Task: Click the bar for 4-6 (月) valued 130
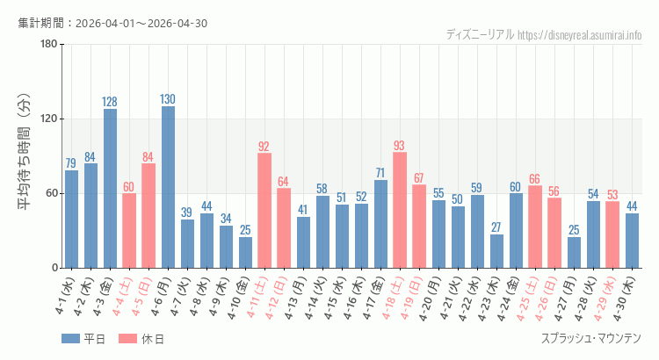[168, 187]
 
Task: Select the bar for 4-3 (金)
[110, 188]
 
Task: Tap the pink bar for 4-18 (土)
[400, 210]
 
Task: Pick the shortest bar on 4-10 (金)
[245, 252]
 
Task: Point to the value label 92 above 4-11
[264, 146]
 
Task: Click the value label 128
[110, 102]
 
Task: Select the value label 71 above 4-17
[380, 173]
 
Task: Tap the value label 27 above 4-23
[496, 227]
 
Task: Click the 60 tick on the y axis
[51, 193]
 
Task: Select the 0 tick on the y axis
[54, 268]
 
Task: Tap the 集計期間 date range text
[112, 23]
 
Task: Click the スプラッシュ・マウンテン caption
[590, 340]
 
